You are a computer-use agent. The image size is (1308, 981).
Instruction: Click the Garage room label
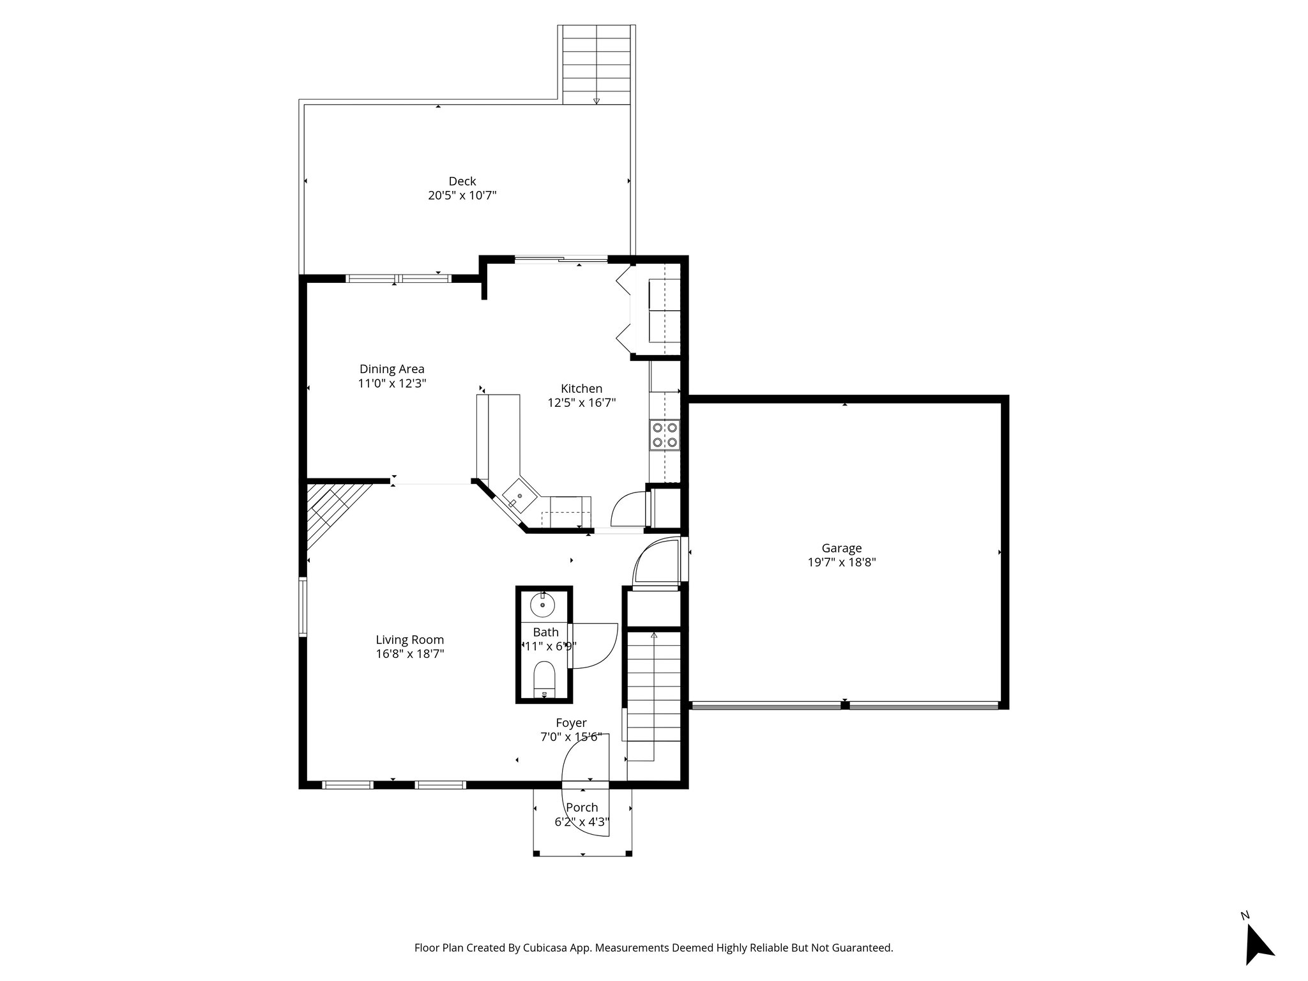(841, 548)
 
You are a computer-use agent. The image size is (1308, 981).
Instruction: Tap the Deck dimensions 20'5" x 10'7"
(462, 195)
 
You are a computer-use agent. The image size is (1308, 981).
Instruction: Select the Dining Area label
(392, 369)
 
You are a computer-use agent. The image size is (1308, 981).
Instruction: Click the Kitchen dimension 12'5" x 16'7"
(581, 403)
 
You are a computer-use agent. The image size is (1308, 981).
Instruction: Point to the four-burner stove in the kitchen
(664, 435)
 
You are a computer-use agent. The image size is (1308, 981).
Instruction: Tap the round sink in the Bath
(543, 604)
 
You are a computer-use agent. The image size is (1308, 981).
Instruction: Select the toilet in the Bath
(544, 678)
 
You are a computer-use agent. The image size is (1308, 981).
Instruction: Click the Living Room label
(409, 640)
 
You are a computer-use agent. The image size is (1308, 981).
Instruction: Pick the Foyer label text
(571, 723)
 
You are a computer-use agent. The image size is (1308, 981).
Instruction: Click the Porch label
(582, 807)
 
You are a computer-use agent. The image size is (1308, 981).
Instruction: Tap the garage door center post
(845, 705)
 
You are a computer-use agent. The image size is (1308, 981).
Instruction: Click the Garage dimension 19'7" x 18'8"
(841, 563)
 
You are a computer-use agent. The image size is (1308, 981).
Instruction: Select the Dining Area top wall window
(399, 278)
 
